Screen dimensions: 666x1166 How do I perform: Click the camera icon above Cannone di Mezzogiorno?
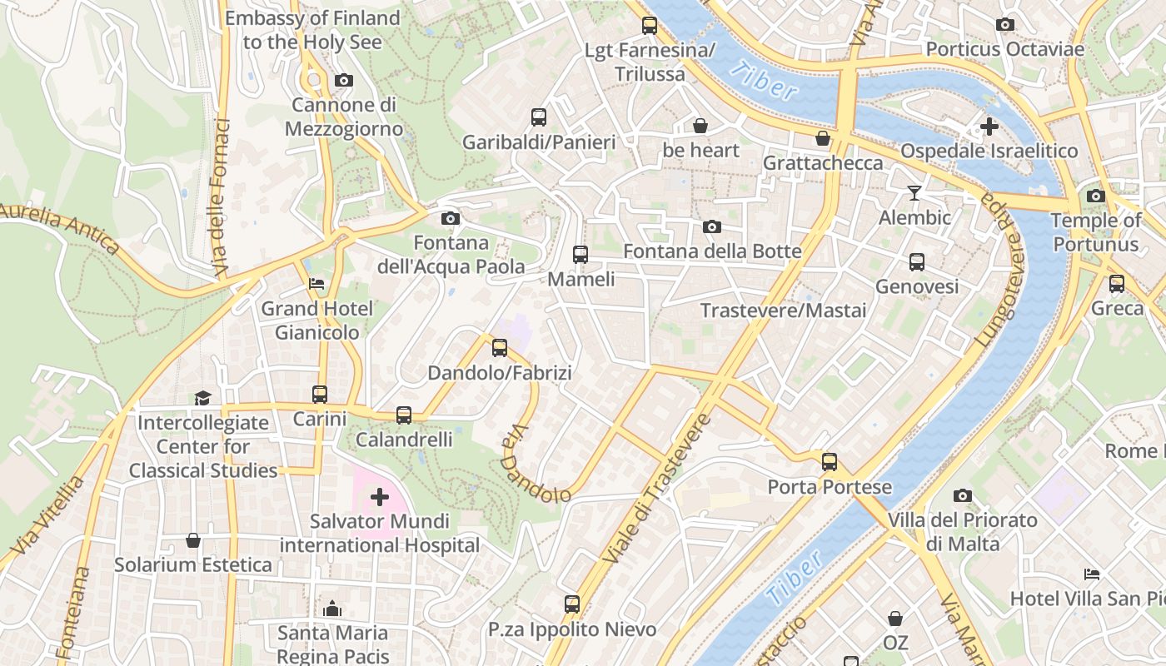coord(343,81)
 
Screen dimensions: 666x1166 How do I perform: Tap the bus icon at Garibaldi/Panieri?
coord(539,117)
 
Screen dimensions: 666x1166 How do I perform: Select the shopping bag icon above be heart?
coord(700,126)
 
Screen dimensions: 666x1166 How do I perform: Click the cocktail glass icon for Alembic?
coord(914,193)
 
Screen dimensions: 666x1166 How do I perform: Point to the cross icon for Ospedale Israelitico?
coord(989,127)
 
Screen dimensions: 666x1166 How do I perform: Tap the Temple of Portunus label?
coord(1095,232)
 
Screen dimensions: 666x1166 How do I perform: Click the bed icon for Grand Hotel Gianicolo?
coord(316,284)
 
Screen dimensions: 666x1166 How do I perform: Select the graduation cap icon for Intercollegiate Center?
coord(202,398)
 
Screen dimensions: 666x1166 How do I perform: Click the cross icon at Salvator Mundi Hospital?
coord(380,498)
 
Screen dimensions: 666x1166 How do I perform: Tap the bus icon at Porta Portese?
coord(829,462)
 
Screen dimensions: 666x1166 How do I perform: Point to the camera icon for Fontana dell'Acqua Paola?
coord(451,219)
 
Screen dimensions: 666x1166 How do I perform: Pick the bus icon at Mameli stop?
coord(581,255)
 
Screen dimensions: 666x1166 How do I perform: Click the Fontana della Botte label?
coord(712,251)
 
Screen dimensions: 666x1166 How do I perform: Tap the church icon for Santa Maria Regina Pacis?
coord(332,609)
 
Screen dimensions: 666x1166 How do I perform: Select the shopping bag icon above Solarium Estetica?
coord(193,541)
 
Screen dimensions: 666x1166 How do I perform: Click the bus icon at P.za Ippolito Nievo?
coord(571,604)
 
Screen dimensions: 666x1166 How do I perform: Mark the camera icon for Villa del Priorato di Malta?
coord(962,496)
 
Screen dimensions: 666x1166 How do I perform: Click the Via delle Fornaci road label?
coord(221,198)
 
